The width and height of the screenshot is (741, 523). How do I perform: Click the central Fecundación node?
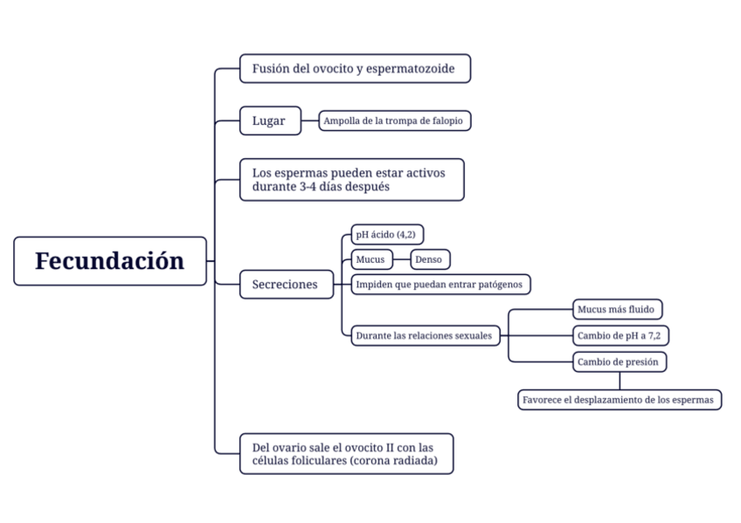[110, 260]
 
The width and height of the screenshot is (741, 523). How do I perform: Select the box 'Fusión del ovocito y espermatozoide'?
[355, 68]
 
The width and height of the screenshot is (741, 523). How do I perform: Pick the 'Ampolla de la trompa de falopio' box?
[394, 120]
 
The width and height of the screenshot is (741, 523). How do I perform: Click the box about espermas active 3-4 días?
[351, 180]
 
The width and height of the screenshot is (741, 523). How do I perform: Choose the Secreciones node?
[286, 285]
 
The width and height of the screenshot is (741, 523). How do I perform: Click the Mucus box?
[371, 259]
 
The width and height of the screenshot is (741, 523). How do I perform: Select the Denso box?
[430, 259]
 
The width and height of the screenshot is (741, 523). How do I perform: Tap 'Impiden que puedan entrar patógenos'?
[440, 285]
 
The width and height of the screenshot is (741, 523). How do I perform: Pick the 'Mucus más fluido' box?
[617, 309]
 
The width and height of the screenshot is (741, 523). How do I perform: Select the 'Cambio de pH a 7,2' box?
[621, 335]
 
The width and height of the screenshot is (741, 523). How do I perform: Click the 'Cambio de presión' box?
[620, 361]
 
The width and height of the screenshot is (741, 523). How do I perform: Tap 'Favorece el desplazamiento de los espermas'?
[620, 400]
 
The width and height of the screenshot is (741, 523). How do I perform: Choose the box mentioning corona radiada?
[346, 454]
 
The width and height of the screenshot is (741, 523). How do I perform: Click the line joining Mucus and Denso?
[402, 259]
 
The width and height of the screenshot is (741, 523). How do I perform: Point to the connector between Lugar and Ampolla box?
[309, 120]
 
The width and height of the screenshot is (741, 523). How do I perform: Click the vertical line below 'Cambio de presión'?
[620, 380]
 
